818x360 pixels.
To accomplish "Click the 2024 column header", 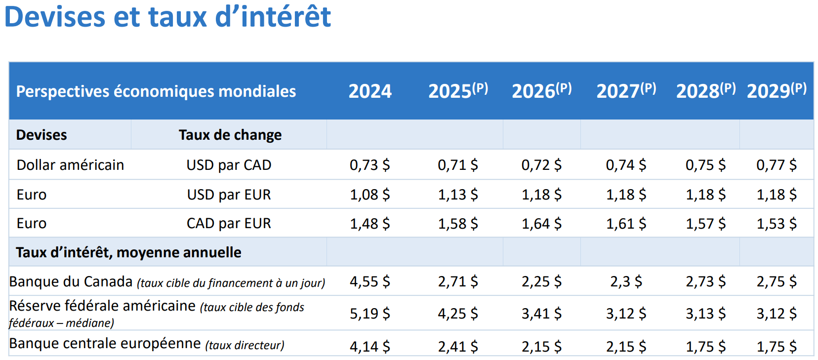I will [370, 91].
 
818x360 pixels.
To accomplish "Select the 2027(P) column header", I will [626, 91].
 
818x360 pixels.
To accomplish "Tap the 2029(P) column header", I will [777, 91].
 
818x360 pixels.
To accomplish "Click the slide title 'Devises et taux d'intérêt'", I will [167, 17].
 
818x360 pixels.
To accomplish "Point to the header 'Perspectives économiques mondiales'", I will [156, 91].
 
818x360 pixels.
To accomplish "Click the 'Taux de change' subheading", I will [230, 135].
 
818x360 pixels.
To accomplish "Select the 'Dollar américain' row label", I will [70, 165].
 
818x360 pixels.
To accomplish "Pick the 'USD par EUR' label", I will [229, 195].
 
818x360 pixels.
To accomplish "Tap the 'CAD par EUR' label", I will [229, 223].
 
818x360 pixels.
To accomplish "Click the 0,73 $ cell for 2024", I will [369, 165].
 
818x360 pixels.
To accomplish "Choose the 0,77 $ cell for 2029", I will [776, 165].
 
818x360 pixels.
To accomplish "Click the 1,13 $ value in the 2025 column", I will [458, 195].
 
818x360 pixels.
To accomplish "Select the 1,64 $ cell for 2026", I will [541, 224].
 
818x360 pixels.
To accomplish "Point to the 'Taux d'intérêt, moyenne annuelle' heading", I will [128, 252].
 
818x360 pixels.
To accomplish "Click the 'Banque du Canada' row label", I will [71, 281].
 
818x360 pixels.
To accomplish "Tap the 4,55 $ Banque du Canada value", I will [369, 281].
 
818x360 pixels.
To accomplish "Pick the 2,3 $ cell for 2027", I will [626, 281].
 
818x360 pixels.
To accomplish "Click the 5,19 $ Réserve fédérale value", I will [369, 314].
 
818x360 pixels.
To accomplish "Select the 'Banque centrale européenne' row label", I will [105, 343].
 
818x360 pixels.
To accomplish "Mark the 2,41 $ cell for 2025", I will [458, 347].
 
